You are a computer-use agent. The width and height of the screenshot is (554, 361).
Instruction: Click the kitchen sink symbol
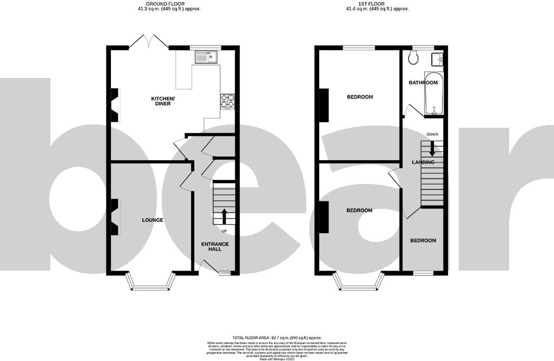206,57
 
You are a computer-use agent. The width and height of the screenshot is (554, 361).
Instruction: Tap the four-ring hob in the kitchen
228,101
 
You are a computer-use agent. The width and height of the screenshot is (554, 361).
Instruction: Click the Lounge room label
153,220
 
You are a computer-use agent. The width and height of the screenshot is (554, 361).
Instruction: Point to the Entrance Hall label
215,247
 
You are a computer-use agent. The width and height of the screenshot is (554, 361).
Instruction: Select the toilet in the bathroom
414,58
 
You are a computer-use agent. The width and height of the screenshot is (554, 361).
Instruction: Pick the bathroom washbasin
437,59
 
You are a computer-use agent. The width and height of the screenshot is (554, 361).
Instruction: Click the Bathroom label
423,83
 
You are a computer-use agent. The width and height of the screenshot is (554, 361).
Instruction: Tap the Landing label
423,162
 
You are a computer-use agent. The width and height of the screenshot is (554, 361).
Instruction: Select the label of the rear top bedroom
360,97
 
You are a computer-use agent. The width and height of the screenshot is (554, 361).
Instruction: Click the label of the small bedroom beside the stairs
423,240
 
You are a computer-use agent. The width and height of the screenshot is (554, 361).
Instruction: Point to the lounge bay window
151,283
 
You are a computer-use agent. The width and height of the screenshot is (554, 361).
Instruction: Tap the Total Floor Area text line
276,337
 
